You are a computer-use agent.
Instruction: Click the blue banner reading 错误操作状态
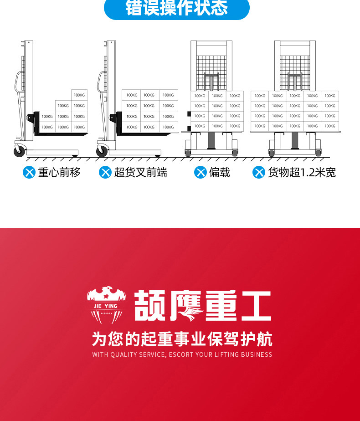coord(177,9)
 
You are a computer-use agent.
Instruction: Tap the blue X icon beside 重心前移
coord(29,172)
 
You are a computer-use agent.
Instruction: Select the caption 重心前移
coord(59,172)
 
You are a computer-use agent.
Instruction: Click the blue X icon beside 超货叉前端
coord(105,172)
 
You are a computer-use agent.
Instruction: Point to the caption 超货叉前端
coord(140,172)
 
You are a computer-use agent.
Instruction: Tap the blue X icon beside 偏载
coord(200,172)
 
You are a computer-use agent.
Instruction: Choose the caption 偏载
coord(220,172)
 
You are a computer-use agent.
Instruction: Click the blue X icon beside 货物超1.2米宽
coord(259,172)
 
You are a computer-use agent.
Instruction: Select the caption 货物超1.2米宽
coord(302,172)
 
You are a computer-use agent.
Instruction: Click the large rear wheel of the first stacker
coord(20,151)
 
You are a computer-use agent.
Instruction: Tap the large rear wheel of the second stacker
coord(103,151)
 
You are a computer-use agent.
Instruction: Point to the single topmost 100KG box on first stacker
coord(79,95)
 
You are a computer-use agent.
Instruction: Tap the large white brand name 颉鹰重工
coord(203,306)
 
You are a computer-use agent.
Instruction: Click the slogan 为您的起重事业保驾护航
coord(182,339)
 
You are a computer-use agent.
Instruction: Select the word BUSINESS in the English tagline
coord(257,354)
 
